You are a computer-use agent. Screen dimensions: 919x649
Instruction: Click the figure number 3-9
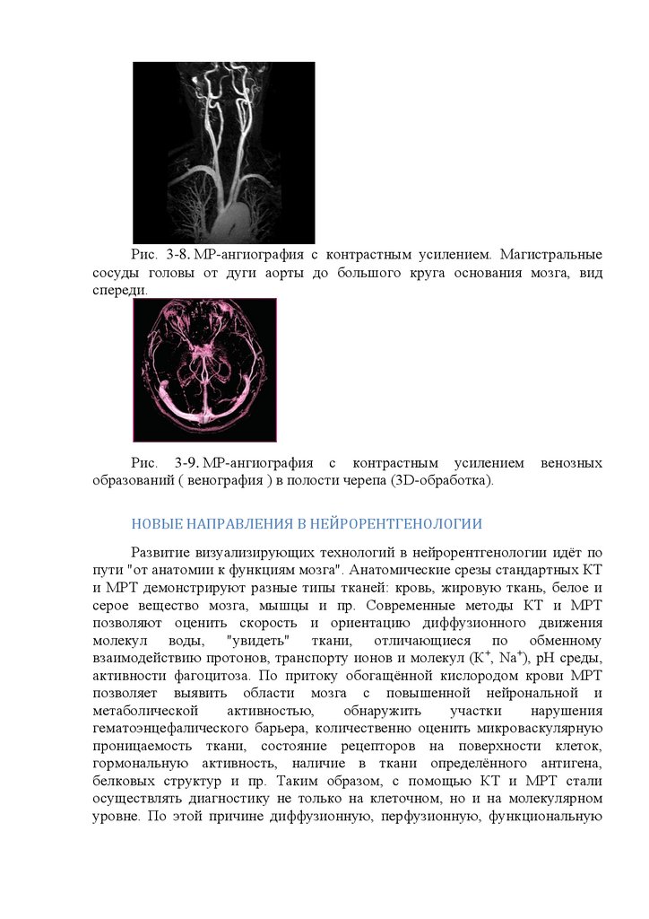click(x=186, y=463)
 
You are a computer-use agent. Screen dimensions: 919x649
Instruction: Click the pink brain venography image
click(x=204, y=370)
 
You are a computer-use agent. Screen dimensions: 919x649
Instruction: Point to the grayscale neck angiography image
click(x=223, y=152)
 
